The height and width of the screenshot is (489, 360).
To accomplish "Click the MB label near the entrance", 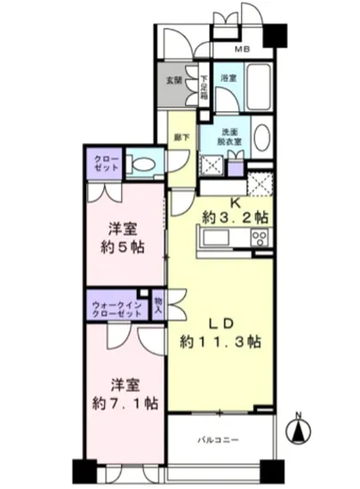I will coord(240,50).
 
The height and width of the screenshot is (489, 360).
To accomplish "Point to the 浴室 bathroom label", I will coord(228,79).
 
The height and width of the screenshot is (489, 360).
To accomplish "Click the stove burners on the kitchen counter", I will coord(260,237).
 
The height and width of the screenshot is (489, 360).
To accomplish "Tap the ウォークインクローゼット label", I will coord(117,309).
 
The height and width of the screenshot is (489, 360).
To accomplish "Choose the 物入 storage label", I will coord(158,305).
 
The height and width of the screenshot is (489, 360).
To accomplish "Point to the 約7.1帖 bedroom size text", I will coord(123,403).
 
